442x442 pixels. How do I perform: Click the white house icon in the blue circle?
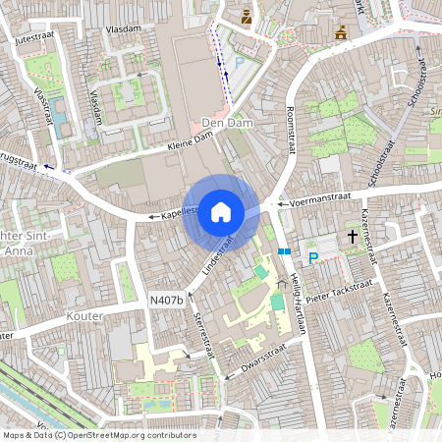[221, 211]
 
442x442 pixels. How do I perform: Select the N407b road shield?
[167, 300]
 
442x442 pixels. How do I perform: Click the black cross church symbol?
[352, 237]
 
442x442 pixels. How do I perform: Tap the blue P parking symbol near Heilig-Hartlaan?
[313, 258]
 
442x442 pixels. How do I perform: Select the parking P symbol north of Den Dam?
[238, 62]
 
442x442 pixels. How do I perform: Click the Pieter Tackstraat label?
[343, 294]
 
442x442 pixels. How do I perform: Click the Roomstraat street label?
[291, 130]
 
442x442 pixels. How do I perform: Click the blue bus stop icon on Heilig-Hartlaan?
[284, 251]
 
